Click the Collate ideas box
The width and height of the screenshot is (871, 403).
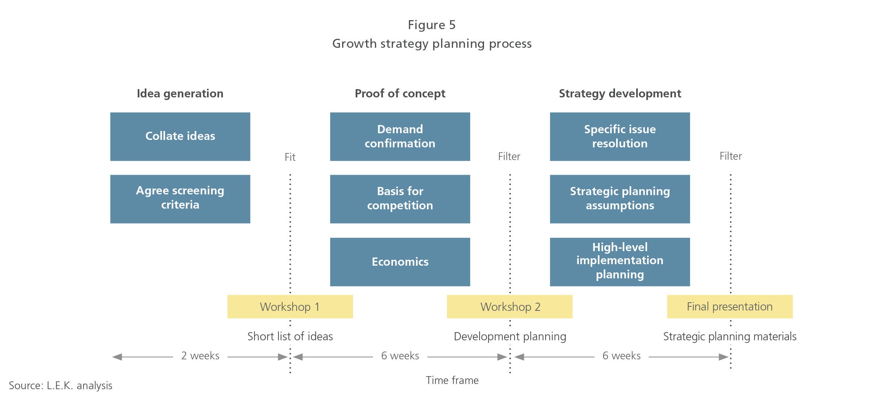tap(180, 137)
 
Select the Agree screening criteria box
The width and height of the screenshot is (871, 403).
tap(180, 199)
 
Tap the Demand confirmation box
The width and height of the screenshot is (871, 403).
tap(400, 137)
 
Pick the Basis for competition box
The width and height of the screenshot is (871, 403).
tap(400, 199)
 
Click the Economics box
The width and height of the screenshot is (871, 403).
tap(400, 262)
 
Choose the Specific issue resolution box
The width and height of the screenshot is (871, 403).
tap(620, 137)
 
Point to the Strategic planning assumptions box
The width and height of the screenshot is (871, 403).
tap(620, 199)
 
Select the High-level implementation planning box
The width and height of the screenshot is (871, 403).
tap(620, 262)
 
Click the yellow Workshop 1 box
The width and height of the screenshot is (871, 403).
tap(290, 307)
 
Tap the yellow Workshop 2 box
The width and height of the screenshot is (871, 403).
tap(510, 307)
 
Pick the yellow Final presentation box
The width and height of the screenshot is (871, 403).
tap(730, 307)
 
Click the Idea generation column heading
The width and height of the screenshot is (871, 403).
tap(180, 94)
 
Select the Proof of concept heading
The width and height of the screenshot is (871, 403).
tap(400, 94)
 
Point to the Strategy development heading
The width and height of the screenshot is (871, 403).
tap(620, 94)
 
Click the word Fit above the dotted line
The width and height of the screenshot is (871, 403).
tap(290, 157)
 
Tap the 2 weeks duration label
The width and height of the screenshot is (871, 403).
tap(200, 356)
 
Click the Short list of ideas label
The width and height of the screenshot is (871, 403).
tap(290, 336)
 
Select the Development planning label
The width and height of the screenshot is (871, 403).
tap(510, 337)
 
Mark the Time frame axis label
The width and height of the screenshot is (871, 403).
tap(452, 380)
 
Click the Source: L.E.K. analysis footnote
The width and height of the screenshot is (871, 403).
tap(60, 385)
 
